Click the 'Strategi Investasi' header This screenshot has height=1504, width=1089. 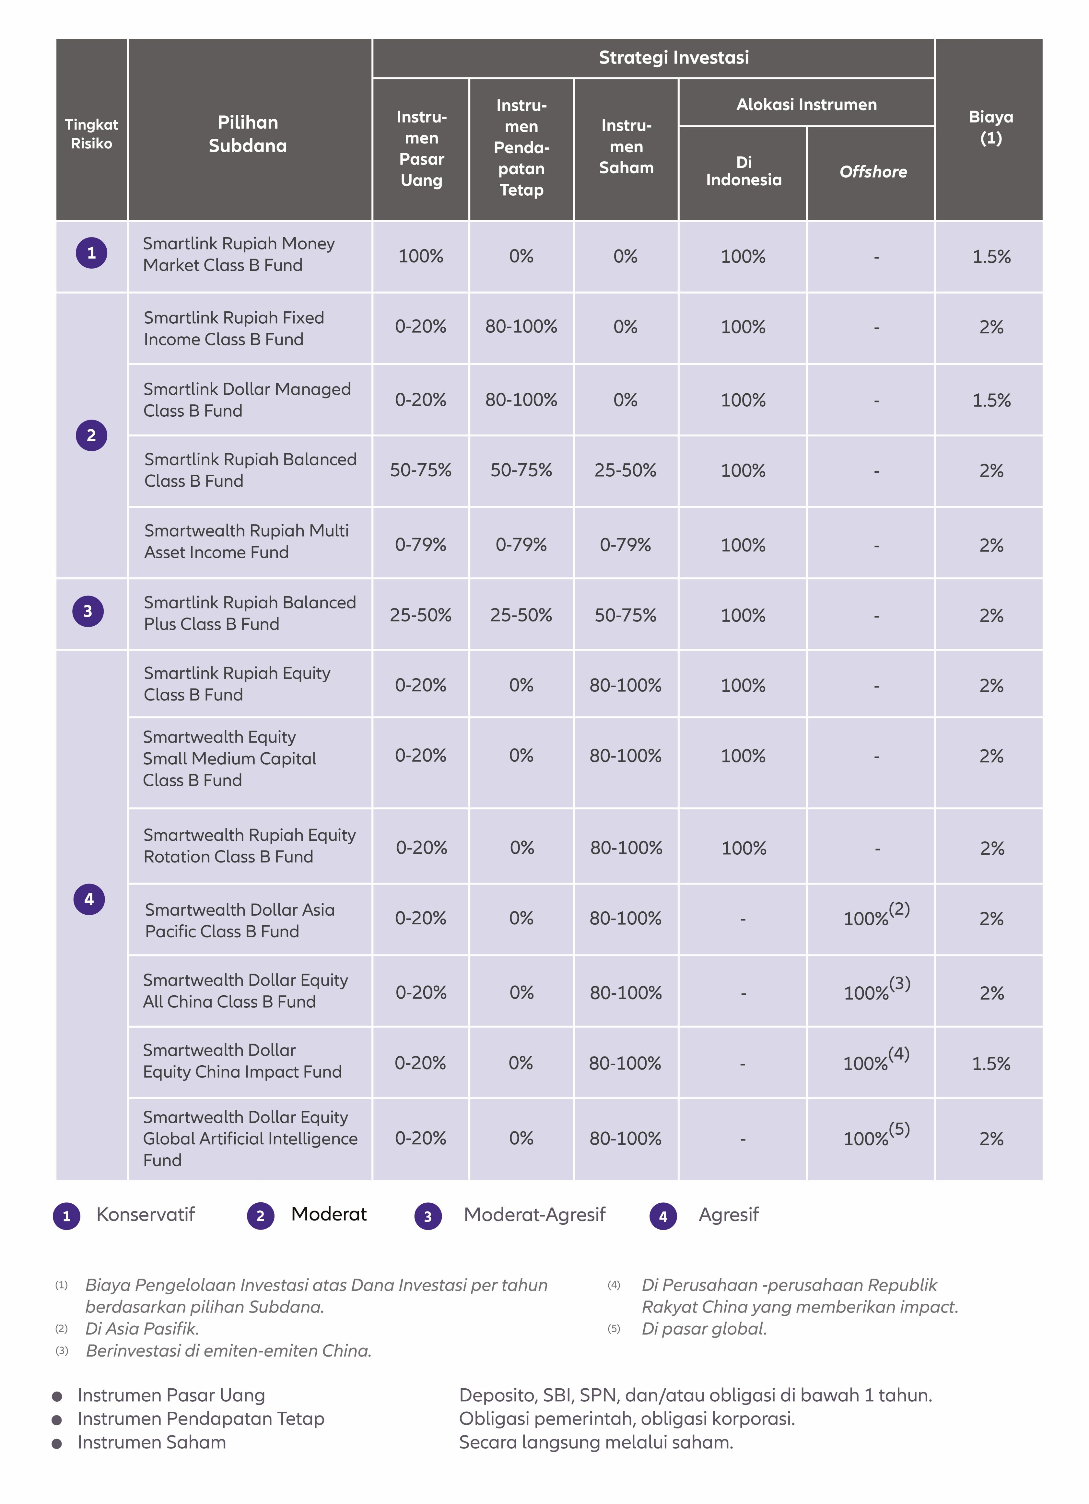click(x=674, y=58)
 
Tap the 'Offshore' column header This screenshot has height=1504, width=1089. click(x=873, y=172)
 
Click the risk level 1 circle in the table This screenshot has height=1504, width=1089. click(x=91, y=253)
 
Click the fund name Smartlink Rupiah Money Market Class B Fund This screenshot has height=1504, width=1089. click(x=239, y=254)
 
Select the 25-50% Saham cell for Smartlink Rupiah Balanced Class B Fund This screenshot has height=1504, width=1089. click(x=626, y=470)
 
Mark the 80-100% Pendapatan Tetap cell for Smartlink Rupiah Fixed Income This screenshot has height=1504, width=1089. click(x=521, y=326)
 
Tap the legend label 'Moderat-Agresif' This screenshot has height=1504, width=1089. click(x=534, y=1214)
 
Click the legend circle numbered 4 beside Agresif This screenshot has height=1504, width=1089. click(x=663, y=1216)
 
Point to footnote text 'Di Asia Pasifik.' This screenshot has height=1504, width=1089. click(x=142, y=1328)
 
